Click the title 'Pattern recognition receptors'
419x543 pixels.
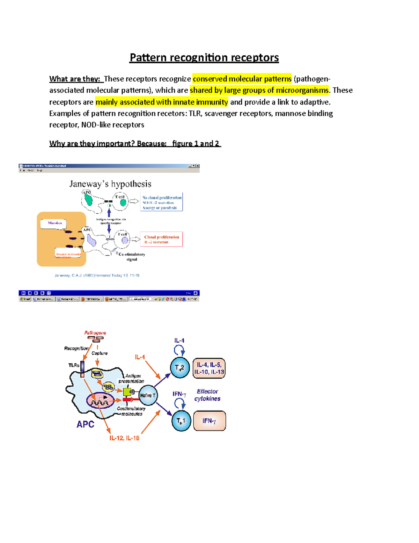point(204,57)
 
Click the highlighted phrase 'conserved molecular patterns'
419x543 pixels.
point(242,79)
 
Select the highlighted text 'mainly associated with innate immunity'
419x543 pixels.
point(162,102)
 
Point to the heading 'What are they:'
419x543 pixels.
point(75,79)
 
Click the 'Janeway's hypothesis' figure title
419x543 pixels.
point(110,184)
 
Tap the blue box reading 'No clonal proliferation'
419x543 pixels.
point(162,202)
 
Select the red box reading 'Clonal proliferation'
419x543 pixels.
point(161,239)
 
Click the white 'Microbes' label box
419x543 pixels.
point(53,223)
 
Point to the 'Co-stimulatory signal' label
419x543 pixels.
point(132,257)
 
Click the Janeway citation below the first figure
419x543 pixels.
point(97,276)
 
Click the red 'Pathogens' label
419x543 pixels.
point(95,333)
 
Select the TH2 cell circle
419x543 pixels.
point(180,368)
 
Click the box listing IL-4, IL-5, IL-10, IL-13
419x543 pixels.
point(209,368)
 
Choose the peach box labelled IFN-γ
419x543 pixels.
point(209,421)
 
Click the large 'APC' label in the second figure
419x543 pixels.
point(86,424)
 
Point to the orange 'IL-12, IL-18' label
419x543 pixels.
point(124,438)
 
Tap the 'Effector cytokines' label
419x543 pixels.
point(207,395)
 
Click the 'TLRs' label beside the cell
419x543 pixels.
point(74,365)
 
